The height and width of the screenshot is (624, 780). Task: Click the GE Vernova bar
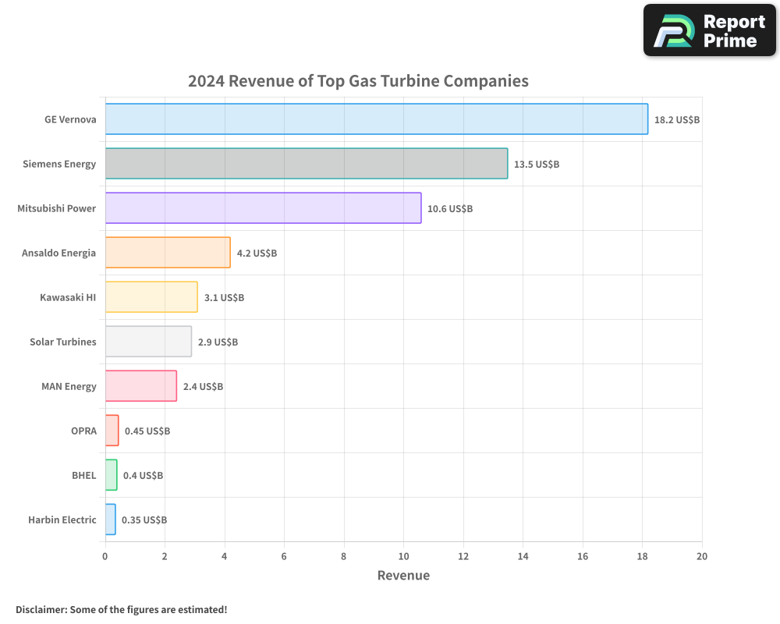click(376, 119)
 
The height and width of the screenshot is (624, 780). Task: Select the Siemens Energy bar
click(306, 164)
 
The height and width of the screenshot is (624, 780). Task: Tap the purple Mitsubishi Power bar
click(263, 208)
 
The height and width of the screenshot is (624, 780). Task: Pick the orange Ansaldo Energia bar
click(168, 253)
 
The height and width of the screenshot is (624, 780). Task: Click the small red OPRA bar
click(112, 431)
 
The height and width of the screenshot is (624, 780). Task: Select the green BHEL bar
click(111, 475)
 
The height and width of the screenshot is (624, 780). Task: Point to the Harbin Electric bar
click(110, 519)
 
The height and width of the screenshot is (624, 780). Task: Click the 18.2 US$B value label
click(677, 120)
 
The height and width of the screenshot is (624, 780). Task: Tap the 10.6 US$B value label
click(450, 209)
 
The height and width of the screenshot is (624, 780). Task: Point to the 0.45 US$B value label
click(147, 431)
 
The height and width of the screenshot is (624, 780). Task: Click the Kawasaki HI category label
click(68, 297)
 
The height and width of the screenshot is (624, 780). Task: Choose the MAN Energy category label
click(69, 386)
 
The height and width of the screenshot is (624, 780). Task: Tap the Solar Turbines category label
click(63, 342)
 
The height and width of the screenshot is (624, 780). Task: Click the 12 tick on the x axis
click(463, 556)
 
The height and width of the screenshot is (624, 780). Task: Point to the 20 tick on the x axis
click(702, 556)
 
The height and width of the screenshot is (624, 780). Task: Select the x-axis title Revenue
click(403, 576)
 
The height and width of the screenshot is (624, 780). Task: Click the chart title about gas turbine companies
click(358, 81)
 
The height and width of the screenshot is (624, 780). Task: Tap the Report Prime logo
click(709, 30)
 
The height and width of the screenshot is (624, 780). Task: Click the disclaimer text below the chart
click(122, 609)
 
